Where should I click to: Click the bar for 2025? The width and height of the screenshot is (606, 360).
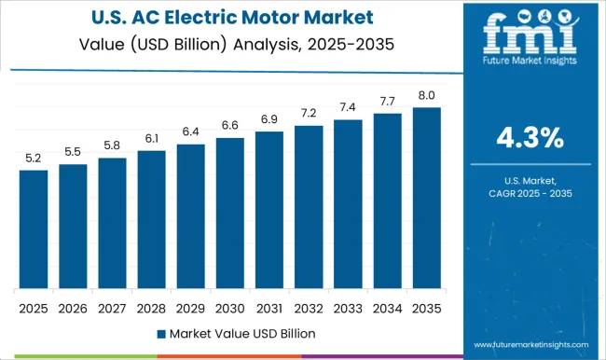point(33,229)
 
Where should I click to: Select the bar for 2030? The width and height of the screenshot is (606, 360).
point(229,214)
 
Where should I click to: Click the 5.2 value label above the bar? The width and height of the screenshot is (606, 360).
point(33,158)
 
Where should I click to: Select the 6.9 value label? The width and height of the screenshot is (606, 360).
point(269,120)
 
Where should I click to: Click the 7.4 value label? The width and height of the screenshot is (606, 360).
point(347,107)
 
